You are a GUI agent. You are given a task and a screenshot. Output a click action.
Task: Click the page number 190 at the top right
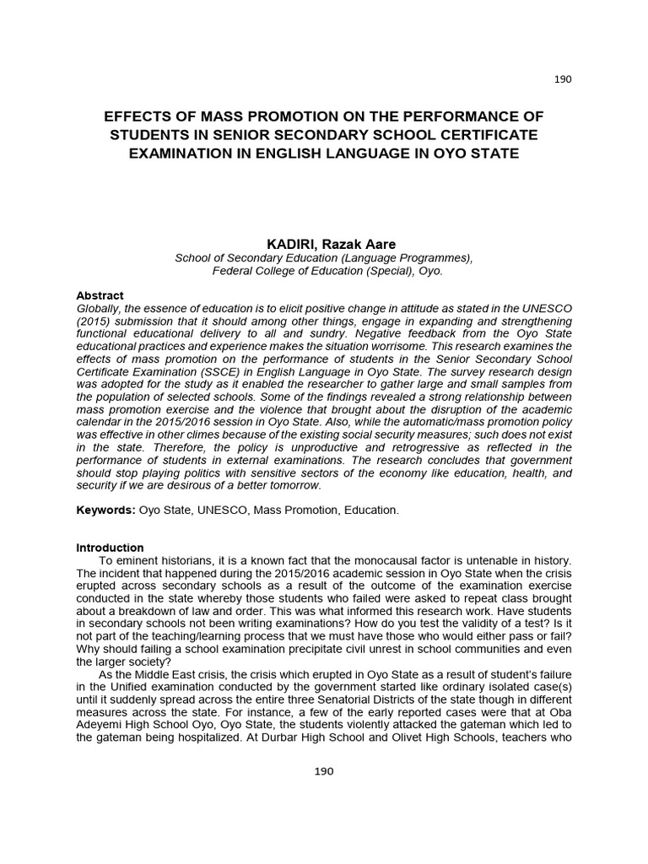[563, 79]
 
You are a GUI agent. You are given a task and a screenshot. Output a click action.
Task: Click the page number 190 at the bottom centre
[324, 771]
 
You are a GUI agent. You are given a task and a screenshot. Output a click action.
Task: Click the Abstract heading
[100, 296]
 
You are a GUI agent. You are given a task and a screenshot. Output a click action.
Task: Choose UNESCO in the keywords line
[215, 510]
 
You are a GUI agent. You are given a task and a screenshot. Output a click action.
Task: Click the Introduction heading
[110, 548]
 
